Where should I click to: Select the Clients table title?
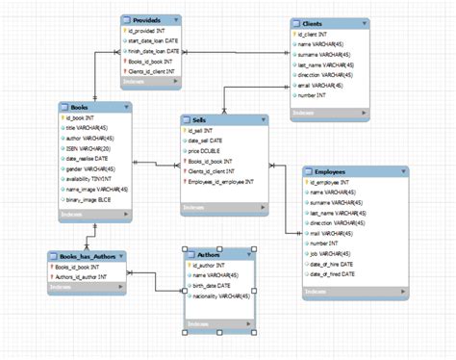313,22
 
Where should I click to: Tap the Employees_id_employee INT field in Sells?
221,182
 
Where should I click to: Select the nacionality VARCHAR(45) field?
223,296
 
